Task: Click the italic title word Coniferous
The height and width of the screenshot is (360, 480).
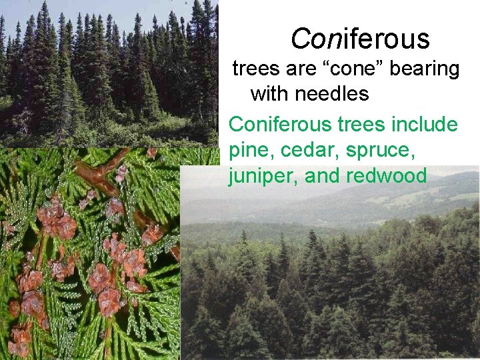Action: pos(360,40)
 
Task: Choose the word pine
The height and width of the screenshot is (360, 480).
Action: pos(249,151)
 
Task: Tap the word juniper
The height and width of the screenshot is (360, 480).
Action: pos(257,176)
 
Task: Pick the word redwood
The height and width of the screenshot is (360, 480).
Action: pos(386,176)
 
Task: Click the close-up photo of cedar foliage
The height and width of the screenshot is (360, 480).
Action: pos(87,267)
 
